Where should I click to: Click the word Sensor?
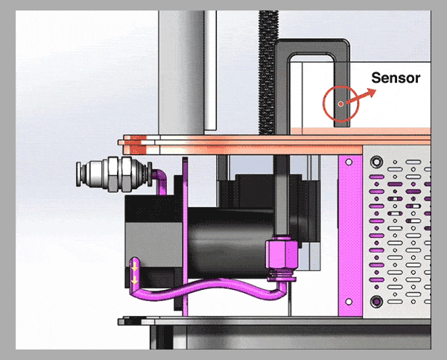[x=396, y=78]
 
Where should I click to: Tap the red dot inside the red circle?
[x=340, y=104]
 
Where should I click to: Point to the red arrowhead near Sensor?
[x=371, y=92]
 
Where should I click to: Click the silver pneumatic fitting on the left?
[x=113, y=174]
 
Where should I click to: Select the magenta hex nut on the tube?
[x=282, y=254]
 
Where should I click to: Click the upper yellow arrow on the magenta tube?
[x=135, y=268]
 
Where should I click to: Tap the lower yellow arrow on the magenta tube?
[x=135, y=282]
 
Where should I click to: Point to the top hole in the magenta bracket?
[x=349, y=162]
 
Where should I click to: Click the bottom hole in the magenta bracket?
[x=349, y=302]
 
